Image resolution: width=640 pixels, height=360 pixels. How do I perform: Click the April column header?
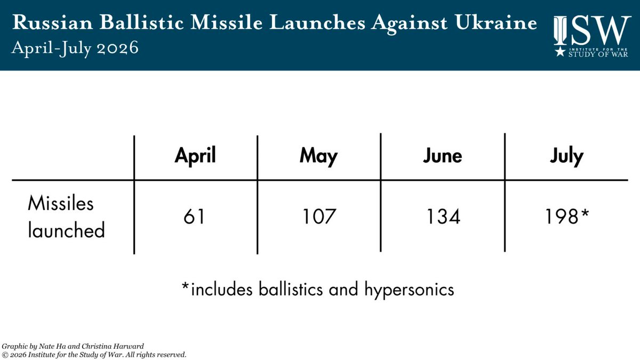point(195,156)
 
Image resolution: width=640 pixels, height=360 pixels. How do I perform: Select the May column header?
point(318,157)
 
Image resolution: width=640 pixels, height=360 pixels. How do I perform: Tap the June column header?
point(443,156)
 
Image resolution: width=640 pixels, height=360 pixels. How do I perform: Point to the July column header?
point(566,157)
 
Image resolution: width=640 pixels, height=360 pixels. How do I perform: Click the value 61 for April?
point(194,217)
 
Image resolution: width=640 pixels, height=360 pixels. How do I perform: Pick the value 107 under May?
point(319,217)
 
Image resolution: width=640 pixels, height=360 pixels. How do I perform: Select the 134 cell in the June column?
point(443,217)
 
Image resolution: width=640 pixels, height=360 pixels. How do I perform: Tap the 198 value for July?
point(562,217)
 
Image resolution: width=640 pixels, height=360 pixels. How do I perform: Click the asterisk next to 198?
point(585,213)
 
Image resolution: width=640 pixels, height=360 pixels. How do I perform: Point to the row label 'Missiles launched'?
point(66,217)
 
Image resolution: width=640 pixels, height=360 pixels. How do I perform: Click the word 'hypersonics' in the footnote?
point(409,290)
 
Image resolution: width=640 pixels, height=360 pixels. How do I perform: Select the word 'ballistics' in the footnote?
point(291,289)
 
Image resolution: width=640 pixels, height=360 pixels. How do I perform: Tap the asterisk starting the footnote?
point(186,286)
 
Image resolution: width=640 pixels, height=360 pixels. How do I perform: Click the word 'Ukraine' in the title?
point(496,22)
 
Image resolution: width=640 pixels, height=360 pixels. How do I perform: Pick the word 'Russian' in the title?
point(53,22)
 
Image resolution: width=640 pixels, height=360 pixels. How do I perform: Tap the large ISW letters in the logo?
point(593,30)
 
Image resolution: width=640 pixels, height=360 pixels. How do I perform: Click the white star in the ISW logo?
point(560,52)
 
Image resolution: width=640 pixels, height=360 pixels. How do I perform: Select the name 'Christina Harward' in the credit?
point(113,346)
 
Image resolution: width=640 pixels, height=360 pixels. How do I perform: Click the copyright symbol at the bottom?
point(5,355)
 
